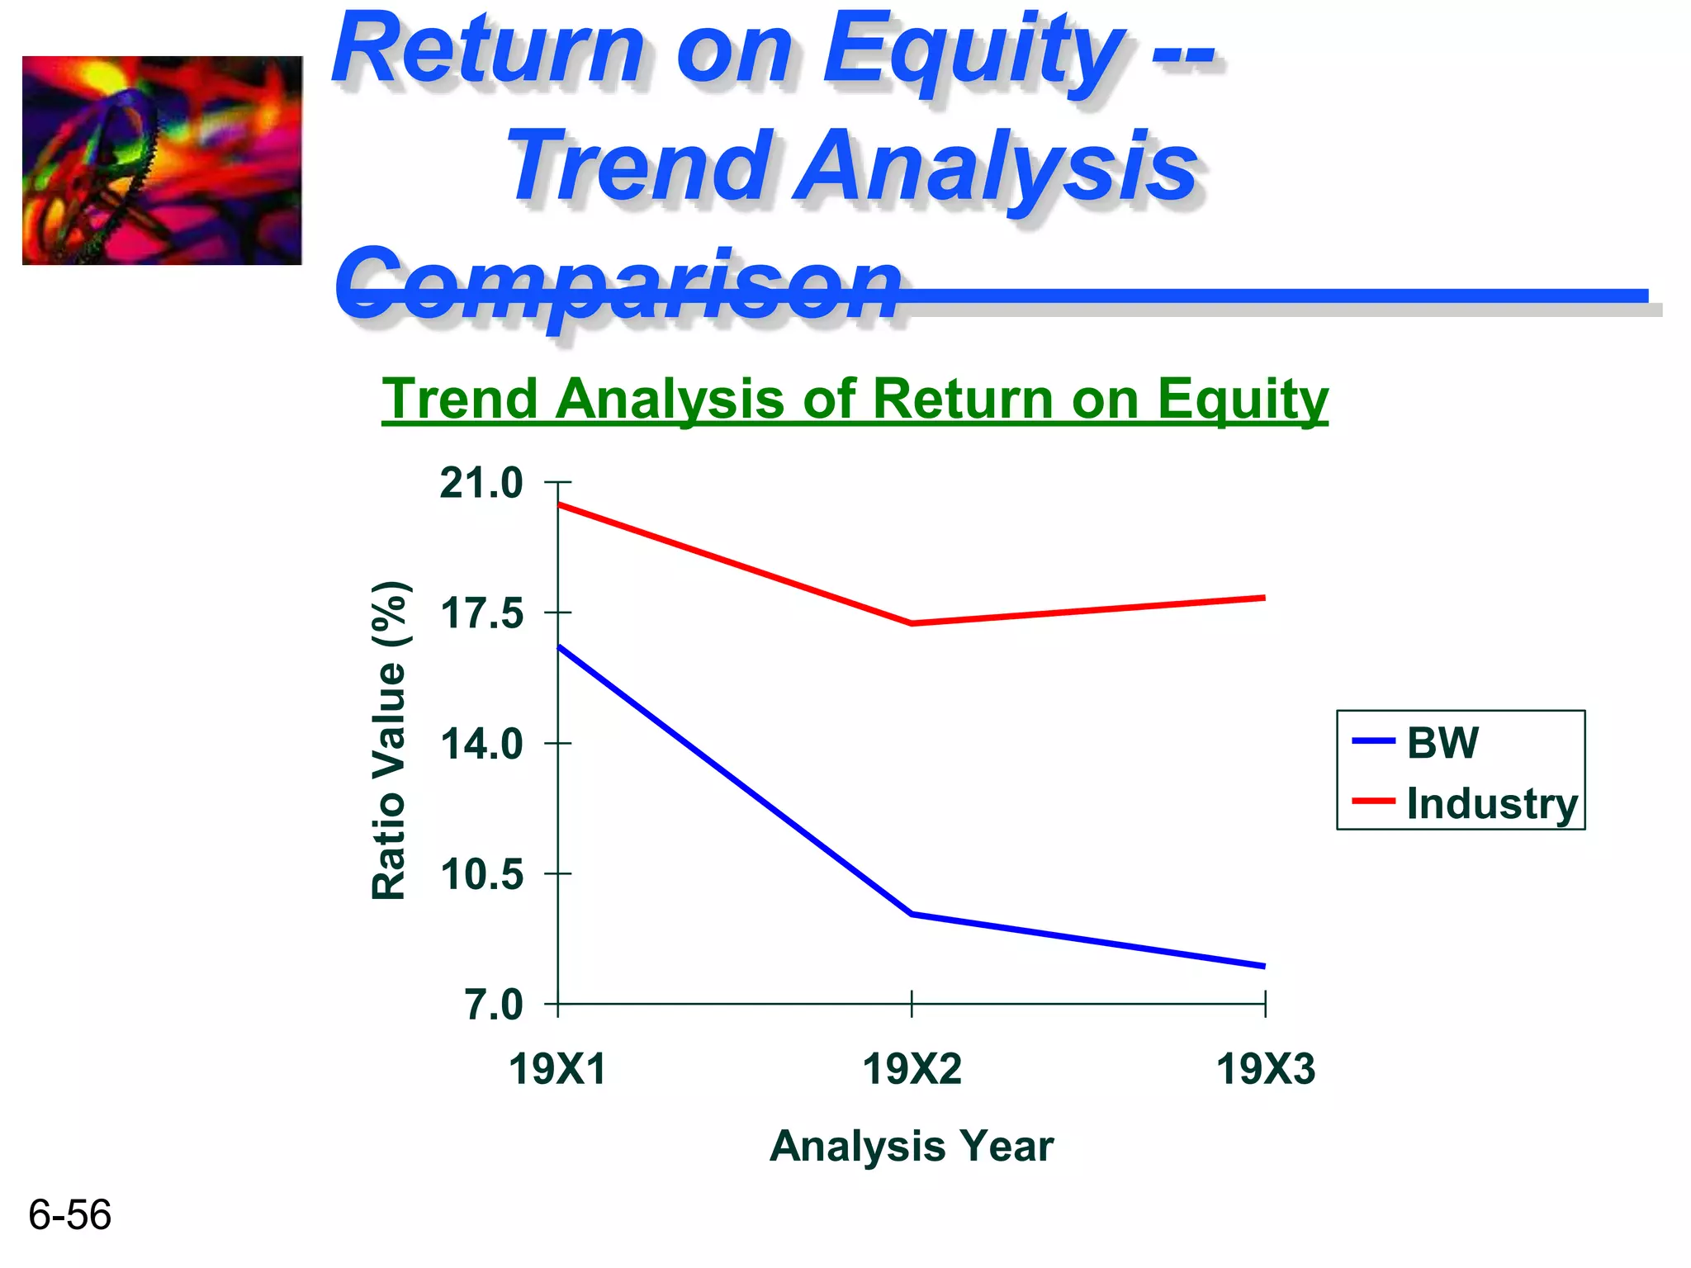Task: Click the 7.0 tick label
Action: click(494, 1005)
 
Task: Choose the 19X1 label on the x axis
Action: click(557, 1070)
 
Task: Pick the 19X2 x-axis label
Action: click(912, 1070)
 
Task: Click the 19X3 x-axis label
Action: click(1265, 1070)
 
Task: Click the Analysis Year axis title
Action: click(912, 1146)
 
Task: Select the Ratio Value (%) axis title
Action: click(389, 740)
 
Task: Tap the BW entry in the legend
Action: click(1442, 742)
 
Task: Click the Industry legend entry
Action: click(1491, 803)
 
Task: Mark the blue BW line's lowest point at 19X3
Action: click(1263, 966)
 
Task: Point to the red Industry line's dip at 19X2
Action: click(912, 623)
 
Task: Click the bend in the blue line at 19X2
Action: click(912, 914)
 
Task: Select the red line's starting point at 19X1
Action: click(560, 504)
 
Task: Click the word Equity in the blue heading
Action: click(973, 51)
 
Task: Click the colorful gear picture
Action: click(162, 161)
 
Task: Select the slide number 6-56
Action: click(69, 1215)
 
